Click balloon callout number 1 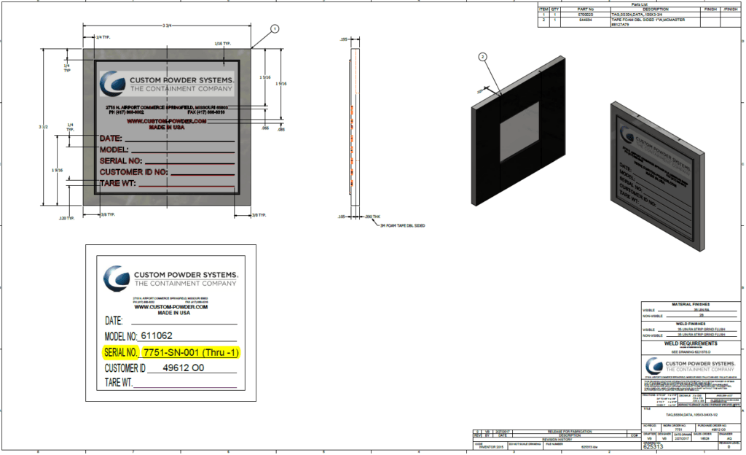(x=275, y=28)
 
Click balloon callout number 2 (x=482, y=57)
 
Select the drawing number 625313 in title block (x=653, y=446)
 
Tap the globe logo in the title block (x=651, y=366)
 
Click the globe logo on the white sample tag (x=116, y=279)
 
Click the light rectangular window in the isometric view (x=519, y=131)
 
